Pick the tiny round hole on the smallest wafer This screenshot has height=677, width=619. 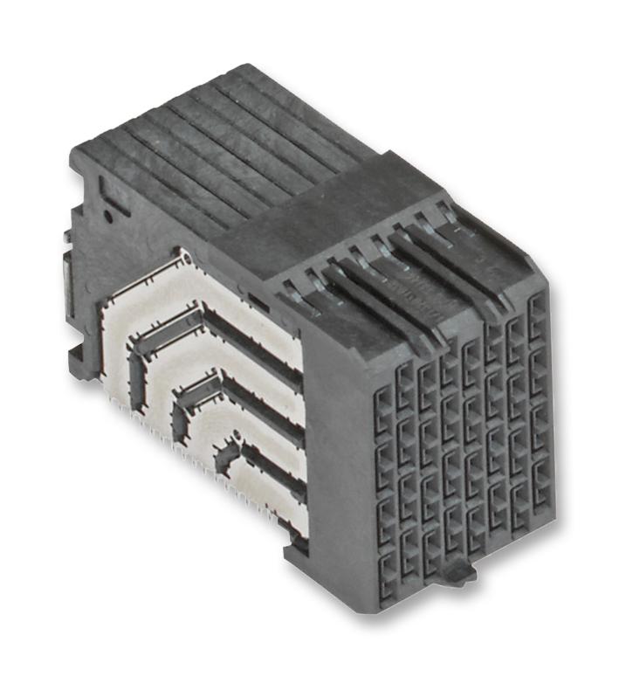point(234,434)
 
